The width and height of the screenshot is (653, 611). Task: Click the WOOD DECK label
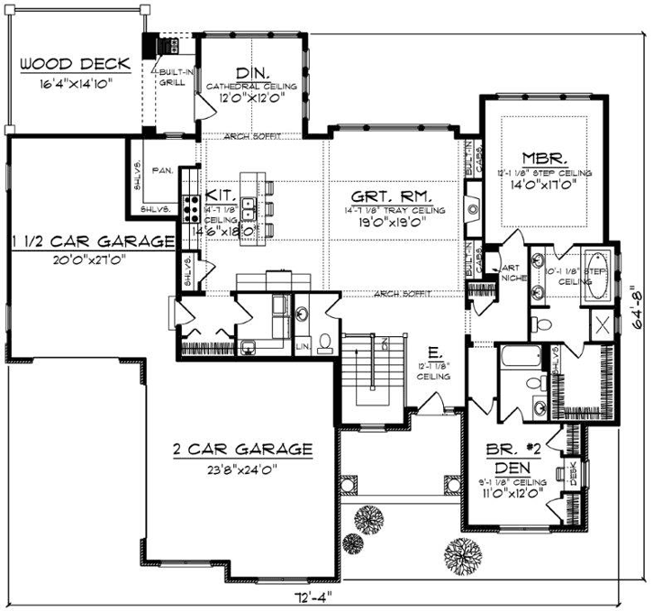pos(75,65)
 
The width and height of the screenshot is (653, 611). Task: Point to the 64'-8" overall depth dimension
pos(637,306)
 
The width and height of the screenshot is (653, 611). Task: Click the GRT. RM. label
pos(393,195)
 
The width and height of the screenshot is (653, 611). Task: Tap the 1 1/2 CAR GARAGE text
pos(93,242)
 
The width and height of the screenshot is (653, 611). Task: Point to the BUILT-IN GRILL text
pos(173,76)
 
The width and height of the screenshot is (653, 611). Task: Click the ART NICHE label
pos(510,271)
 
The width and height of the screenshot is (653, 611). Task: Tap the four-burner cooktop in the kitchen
pos(191,209)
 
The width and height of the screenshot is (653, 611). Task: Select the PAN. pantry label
pos(163,169)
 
